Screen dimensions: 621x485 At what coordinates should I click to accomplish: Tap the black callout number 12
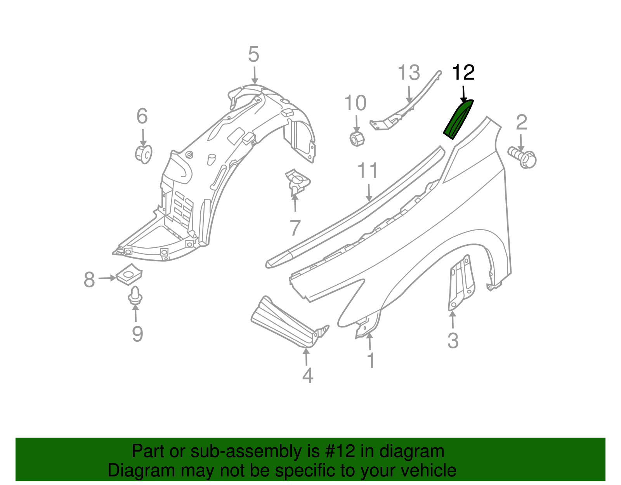[x=463, y=73]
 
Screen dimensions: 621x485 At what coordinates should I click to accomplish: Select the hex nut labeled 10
[x=356, y=138]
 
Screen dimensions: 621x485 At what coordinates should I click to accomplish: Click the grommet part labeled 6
[x=144, y=154]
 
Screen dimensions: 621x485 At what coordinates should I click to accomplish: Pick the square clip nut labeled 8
[x=129, y=274]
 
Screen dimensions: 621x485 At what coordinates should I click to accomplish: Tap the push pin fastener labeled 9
[x=135, y=295]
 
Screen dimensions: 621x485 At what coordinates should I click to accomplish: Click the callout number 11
[x=367, y=171]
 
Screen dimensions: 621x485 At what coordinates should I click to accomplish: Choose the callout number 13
[x=409, y=73]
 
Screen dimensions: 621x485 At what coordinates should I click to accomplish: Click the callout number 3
[x=453, y=341]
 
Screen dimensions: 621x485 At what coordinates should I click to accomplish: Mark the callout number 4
[x=307, y=376]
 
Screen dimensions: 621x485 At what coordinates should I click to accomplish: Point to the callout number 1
[x=371, y=360]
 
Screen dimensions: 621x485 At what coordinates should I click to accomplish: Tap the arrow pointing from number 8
[x=107, y=278]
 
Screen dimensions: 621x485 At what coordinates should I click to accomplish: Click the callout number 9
[x=137, y=334]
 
